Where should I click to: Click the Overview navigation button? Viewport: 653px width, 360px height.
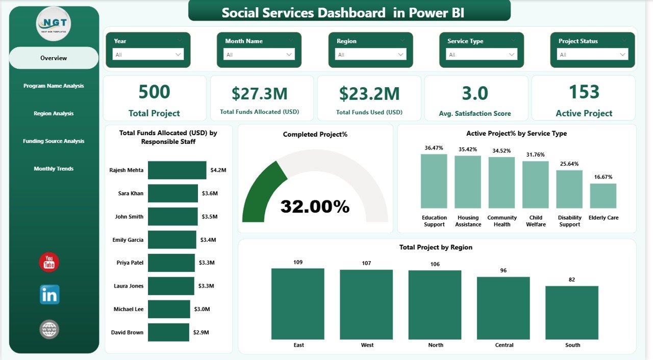point(54,58)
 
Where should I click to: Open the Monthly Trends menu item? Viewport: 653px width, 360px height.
point(54,169)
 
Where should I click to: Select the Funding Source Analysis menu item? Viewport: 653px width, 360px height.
point(54,141)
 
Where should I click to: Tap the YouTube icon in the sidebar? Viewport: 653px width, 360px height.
point(49,262)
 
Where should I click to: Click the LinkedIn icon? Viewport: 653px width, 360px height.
point(49,295)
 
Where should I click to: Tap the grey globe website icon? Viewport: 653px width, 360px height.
point(49,329)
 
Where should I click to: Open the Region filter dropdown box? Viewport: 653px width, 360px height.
point(371,55)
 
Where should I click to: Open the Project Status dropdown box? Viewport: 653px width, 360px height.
point(593,55)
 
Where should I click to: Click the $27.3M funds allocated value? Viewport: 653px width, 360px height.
point(259,93)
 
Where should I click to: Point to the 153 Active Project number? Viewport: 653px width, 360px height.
point(584,92)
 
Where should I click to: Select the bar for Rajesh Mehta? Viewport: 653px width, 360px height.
point(177,170)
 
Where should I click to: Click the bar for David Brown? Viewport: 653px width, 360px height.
point(168,332)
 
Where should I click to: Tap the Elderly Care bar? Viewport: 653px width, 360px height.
point(603,196)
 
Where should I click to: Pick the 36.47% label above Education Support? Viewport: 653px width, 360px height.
point(434,148)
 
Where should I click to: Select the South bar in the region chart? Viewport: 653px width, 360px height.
point(572,313)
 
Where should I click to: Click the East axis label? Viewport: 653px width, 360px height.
point(298,345)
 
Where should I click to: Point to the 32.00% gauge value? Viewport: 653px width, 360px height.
point(315,207)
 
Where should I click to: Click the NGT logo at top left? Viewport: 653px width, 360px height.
point(54,23)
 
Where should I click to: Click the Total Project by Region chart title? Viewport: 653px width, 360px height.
point(436,247)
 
